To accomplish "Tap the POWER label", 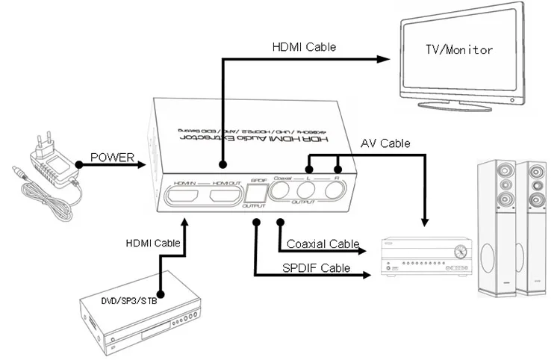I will click(112, 158).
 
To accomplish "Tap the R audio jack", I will click(336, 191).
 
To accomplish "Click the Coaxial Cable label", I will click(322, 244).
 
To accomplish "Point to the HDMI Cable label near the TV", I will click(303, 46).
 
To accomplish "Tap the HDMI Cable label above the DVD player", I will click(153, 243).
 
